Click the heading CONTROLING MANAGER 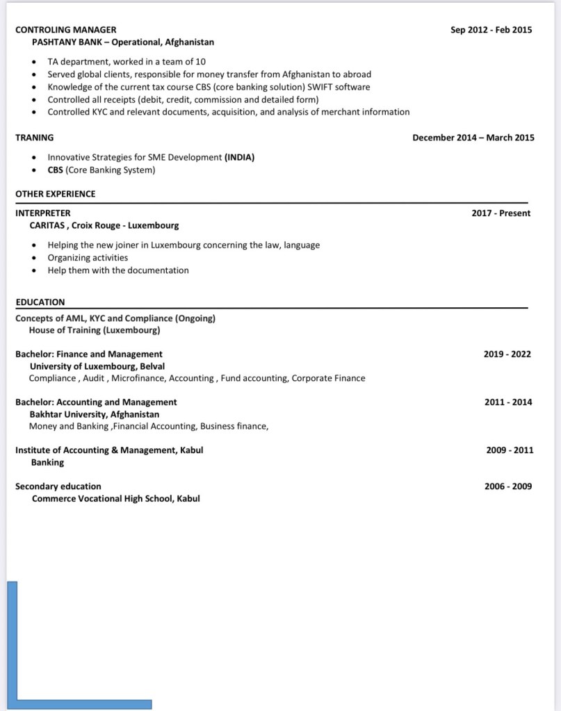(x=66, y=30)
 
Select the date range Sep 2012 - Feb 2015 (x=491, y=30)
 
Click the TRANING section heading (x=35, y=138)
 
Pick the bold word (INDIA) (x=239, y=157)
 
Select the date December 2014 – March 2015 (x=473, y=138)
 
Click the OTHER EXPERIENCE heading (x=56, y=194)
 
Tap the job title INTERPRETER (x=43, y=213)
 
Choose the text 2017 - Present (x=501, y=213)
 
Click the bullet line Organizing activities (x=88, y=258)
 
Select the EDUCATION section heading (x=40, y=302)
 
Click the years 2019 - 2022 (x=507, y=354)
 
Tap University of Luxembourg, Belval (x=97, y=366)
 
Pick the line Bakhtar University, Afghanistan (x=95, y=414)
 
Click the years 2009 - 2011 (x=510, y=450)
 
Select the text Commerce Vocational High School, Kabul (x=115, y=498)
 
